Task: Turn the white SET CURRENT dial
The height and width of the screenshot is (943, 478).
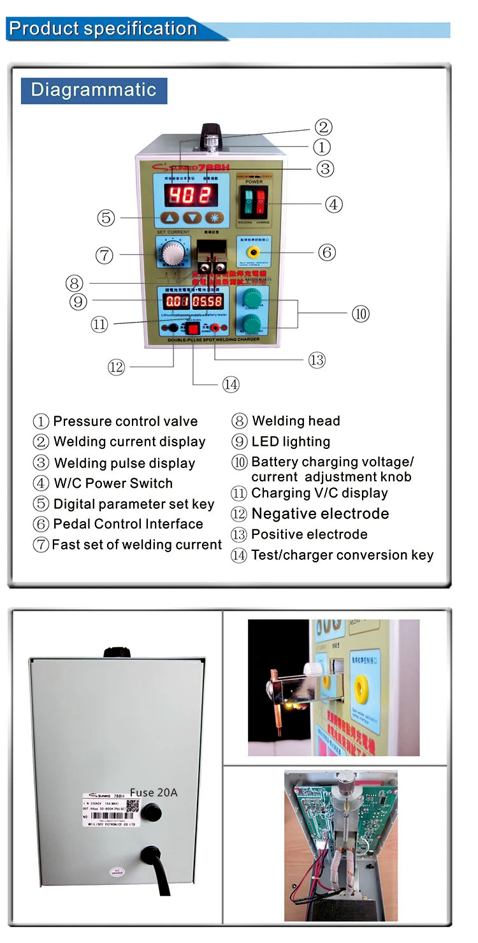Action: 172,254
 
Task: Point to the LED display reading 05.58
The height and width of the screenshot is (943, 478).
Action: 208,301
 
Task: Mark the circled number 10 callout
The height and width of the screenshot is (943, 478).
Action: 360,313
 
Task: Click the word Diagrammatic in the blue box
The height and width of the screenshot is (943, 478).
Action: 94,90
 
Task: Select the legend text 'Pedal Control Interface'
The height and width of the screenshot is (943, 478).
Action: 127,524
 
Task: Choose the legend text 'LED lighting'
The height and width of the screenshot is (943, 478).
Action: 291,441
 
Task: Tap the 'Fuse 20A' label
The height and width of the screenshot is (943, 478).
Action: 154,793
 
